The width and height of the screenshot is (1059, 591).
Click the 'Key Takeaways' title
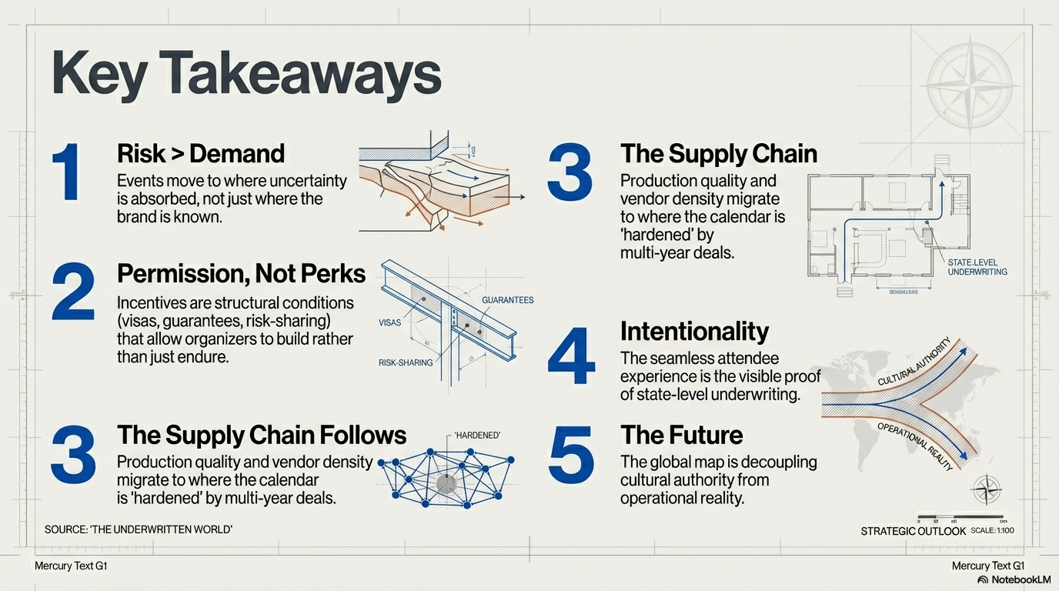246,74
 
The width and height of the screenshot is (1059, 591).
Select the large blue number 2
73,292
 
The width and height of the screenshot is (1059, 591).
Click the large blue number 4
570,356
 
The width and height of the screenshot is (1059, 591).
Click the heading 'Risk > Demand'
201,153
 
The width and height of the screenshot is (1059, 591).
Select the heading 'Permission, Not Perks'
241,273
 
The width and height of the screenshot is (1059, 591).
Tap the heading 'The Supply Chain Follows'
262,435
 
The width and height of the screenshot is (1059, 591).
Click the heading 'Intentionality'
694,331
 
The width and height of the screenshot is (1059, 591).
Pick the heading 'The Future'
681,435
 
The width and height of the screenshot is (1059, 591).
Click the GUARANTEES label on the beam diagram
507,300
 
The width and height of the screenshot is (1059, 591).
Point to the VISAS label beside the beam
390,322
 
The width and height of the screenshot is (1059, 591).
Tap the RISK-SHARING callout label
406,362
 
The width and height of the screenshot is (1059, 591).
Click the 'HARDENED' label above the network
477,436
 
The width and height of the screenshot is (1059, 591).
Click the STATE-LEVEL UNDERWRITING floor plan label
977,267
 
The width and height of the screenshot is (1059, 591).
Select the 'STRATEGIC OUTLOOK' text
913,531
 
